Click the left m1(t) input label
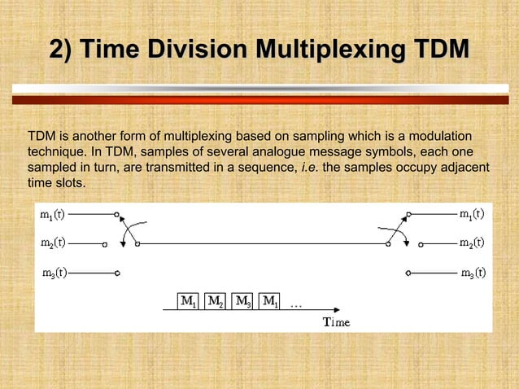click(55, 216)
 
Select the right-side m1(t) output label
click(471, 215)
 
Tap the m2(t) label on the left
click(55, 243)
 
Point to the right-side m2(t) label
click(471, 243)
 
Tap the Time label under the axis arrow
click(336, 322)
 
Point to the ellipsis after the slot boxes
click(295, 306)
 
